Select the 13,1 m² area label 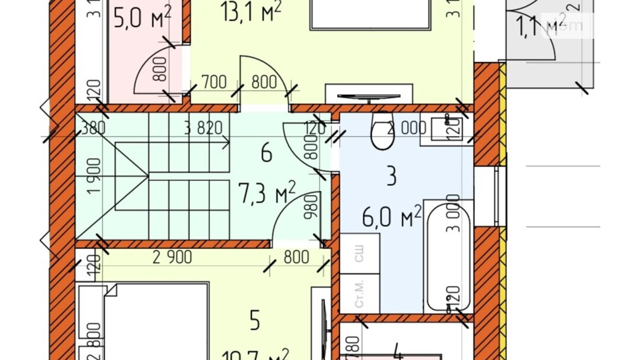coord(251,12)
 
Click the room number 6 coord(266,153)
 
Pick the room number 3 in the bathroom coord(391,176)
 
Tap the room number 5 coord(255,321)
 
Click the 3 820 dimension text coord(203,128)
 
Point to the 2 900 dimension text coord(172,257)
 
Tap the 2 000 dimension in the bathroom coord(407,128)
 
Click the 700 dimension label coord(214,82)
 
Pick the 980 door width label coord(310,207)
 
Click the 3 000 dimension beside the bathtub coord(453,213)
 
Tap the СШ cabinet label coord(359,254)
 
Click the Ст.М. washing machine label coord(359,294)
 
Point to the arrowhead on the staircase coord(226,142)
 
